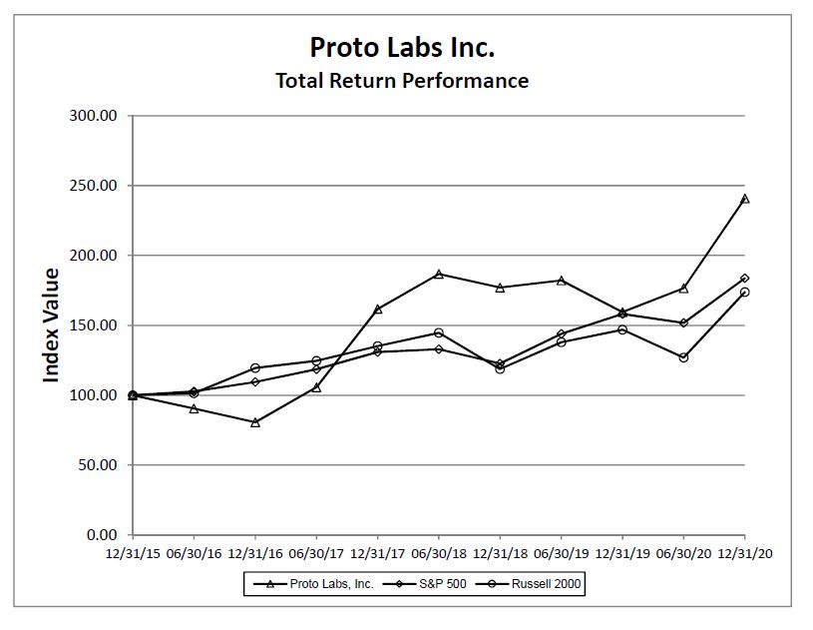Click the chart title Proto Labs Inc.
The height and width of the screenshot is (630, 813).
point(402,47)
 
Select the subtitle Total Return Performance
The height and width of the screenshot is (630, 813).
point(402,81)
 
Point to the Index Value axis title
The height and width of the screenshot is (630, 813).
point(51,324)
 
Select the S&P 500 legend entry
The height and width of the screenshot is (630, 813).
point(430,584)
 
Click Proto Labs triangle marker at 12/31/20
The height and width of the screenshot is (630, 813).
point(745,199)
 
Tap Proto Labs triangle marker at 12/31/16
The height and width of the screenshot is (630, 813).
point(255,422)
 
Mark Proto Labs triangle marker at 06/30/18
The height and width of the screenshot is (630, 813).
point(439,274)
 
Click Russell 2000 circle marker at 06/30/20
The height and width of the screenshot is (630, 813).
point(683,357)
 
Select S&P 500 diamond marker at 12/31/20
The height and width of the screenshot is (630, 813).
point(745,279)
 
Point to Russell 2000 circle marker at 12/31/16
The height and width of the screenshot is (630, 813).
point(255,368)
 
